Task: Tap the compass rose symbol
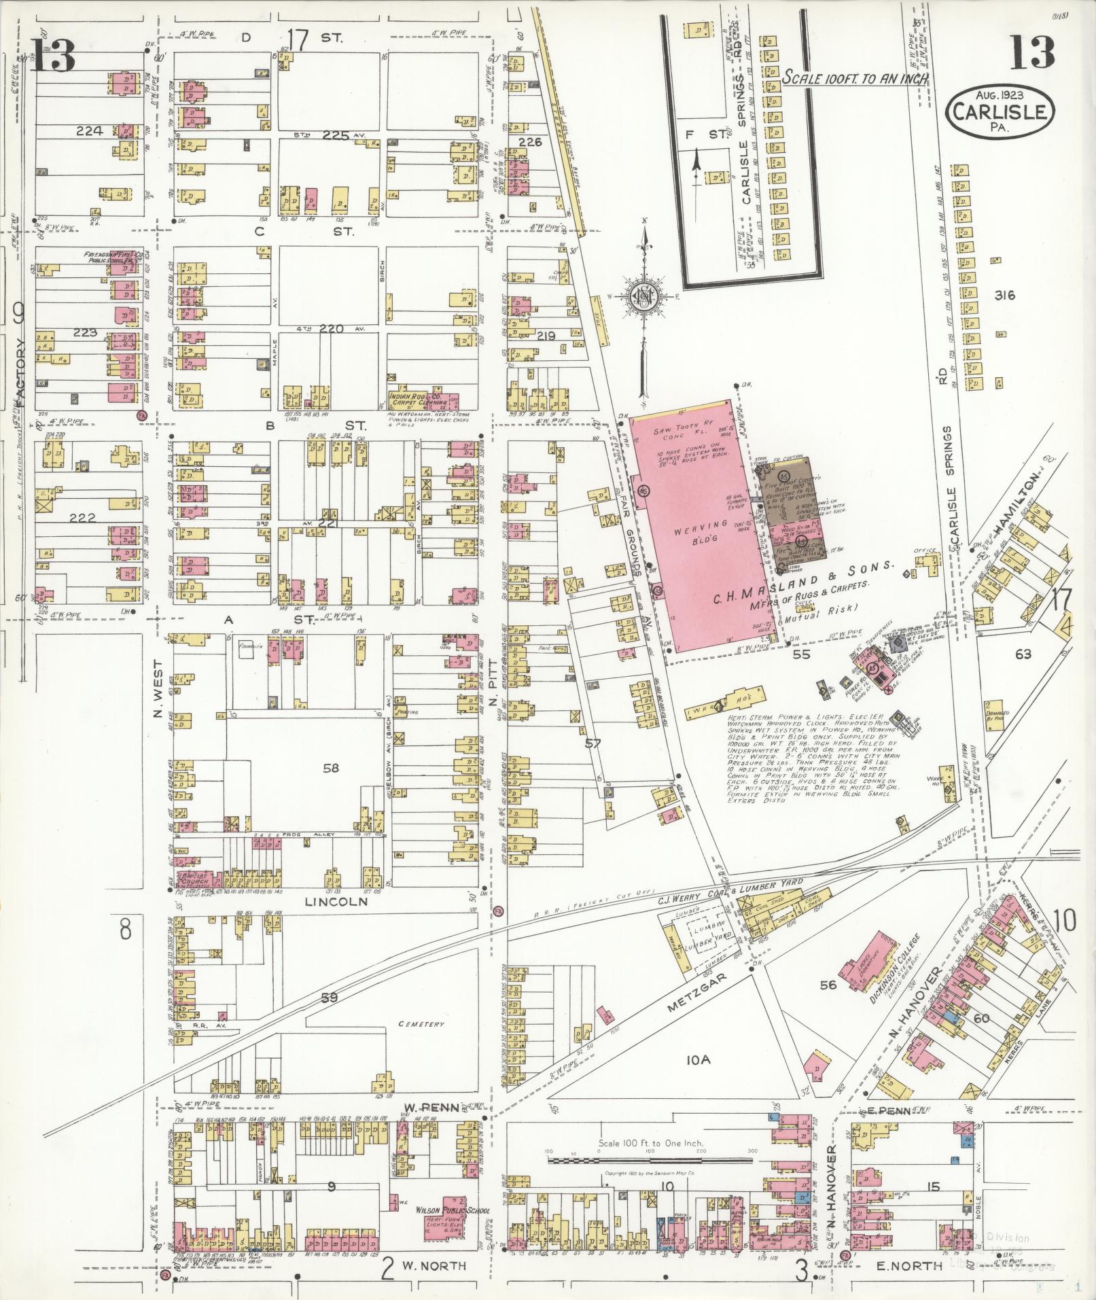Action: point(641,297)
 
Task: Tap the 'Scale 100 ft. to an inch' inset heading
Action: point(855,78)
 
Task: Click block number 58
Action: point(331,768)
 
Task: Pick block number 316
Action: point(1003,295)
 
